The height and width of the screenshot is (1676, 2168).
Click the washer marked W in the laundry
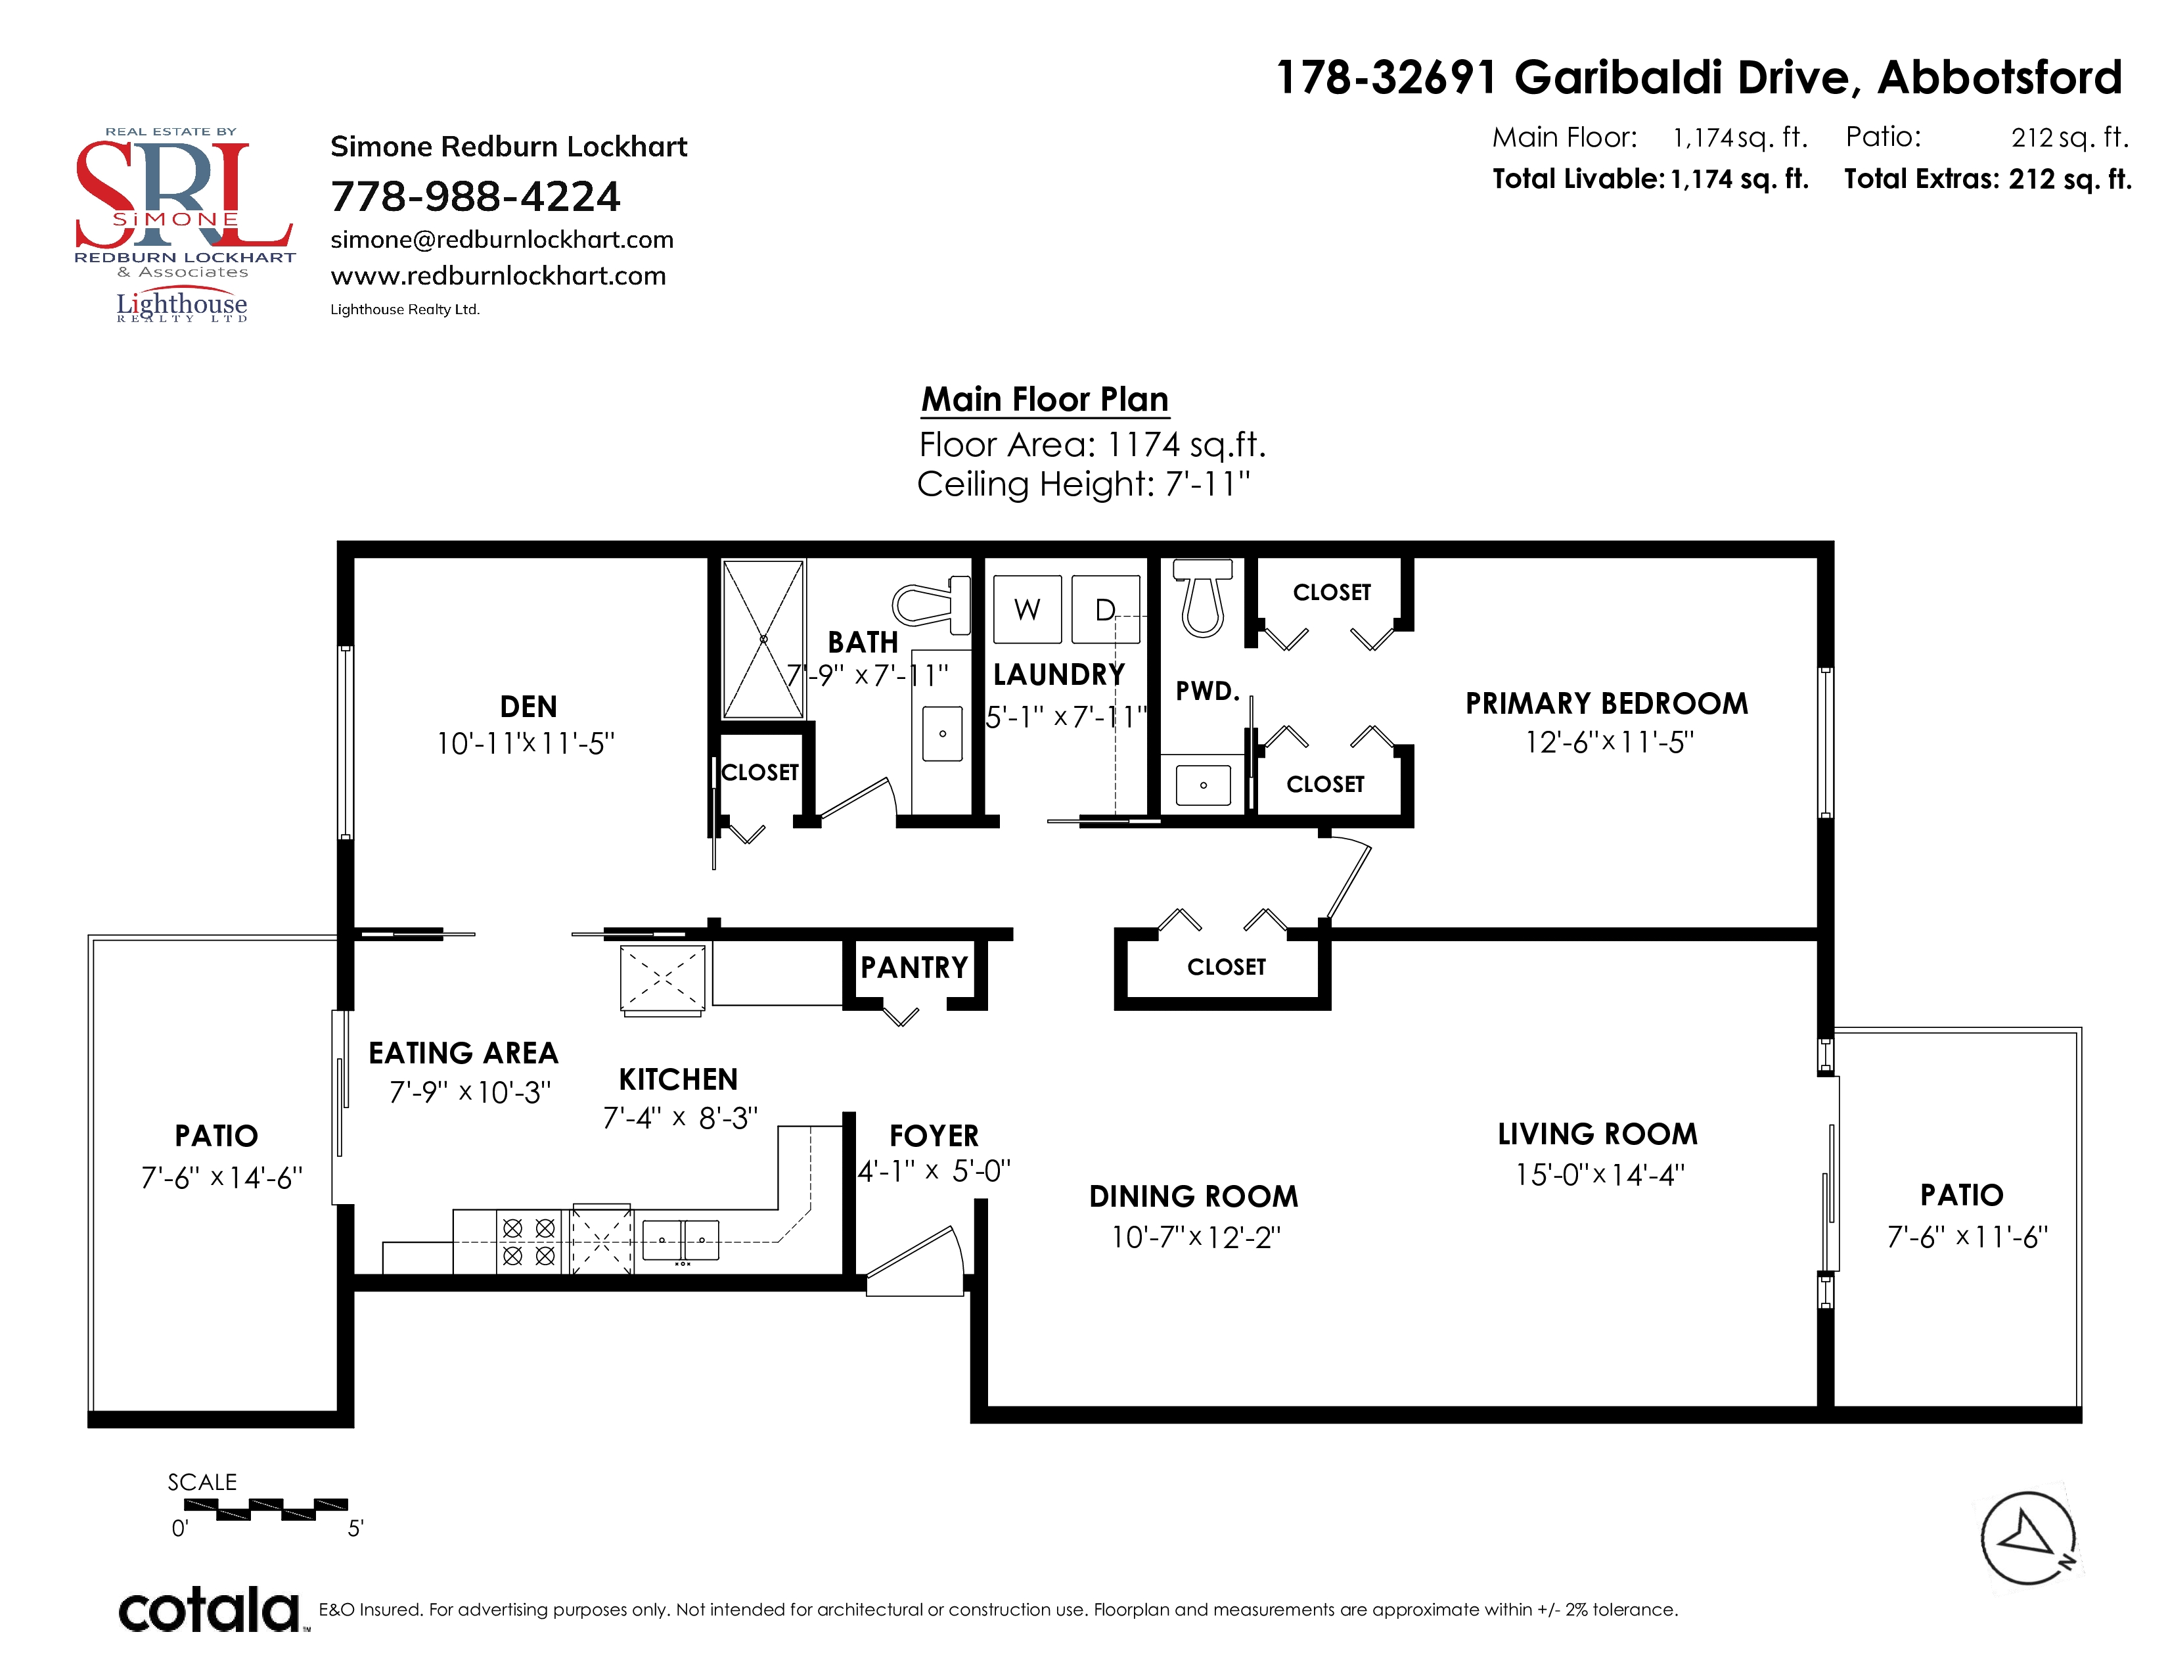(1028, 609)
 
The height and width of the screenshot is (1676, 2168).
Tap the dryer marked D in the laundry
(1106, 609)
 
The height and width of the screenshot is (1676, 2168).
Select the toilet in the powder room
(1203, 597)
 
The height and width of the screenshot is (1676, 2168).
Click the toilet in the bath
(930, 603)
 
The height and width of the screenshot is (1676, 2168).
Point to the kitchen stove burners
(528, 1241)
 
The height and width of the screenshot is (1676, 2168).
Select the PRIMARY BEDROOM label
(1607, 703)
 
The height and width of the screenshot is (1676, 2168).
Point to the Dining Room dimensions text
(1196, 1237)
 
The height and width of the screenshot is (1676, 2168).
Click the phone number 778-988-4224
(476, 197)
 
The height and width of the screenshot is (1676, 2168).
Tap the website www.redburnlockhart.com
(499, 276)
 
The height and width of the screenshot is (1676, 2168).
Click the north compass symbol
(2028, 1538)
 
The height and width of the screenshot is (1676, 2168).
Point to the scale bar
(266, 1509)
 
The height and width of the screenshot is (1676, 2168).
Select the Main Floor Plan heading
(1045, 399)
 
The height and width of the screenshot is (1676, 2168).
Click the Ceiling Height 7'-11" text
(1083, 484)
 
